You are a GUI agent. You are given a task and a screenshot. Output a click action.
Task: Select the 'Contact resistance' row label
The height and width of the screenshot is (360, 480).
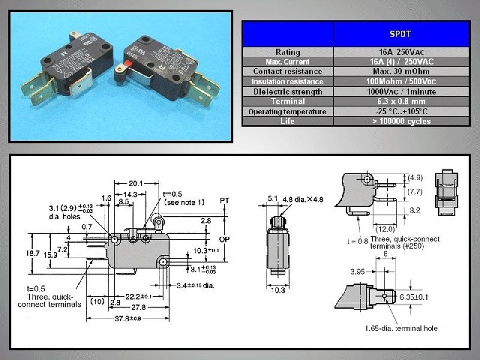pos(287,70)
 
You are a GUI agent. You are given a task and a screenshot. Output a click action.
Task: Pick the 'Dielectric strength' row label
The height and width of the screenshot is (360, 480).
pos(287,91)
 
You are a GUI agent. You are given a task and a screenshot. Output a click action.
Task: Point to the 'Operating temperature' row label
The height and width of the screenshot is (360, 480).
pos(287,111)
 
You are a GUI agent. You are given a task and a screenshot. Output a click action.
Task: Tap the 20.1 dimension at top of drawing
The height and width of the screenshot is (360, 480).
pos(136,182)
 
